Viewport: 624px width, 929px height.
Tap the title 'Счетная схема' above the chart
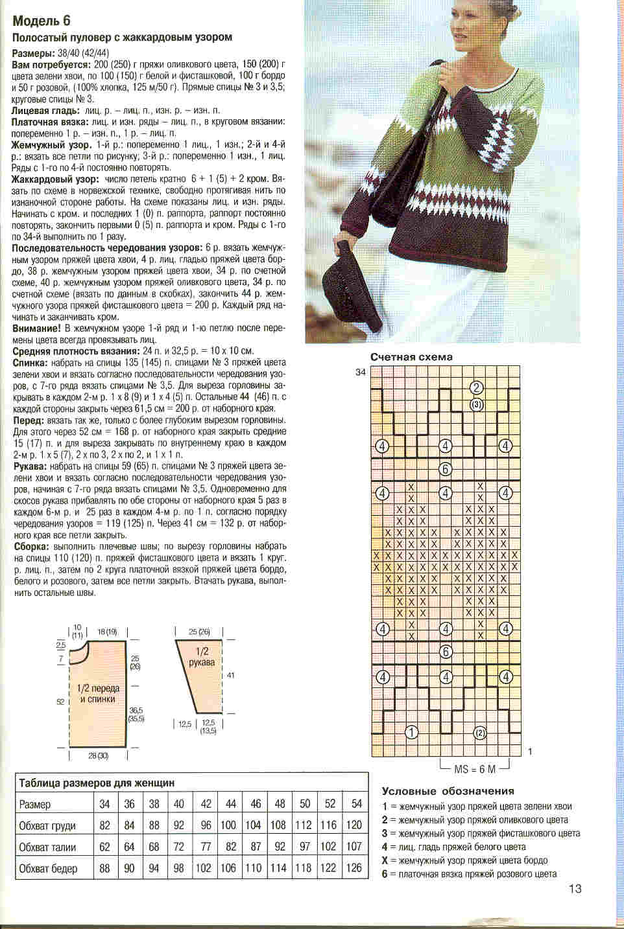pos(411,357)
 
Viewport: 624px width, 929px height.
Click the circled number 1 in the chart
pos(410,733)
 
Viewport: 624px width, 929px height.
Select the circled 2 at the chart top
pos(477,388)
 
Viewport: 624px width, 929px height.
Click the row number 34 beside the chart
pos(360,372)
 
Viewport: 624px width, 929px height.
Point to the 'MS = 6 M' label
pos(475,768)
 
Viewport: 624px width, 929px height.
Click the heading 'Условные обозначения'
pos(448,791)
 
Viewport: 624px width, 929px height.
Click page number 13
pos(575,889)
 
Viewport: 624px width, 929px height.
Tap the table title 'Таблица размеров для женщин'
pos(97,783)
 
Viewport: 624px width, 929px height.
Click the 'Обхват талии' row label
pos(48,847)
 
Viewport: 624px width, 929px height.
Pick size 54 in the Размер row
pos(356,804)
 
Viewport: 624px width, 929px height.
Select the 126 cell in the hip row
pos(354,868)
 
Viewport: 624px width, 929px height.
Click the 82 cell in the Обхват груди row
pos(104,825)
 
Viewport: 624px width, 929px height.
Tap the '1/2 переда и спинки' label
pos(97,693)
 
